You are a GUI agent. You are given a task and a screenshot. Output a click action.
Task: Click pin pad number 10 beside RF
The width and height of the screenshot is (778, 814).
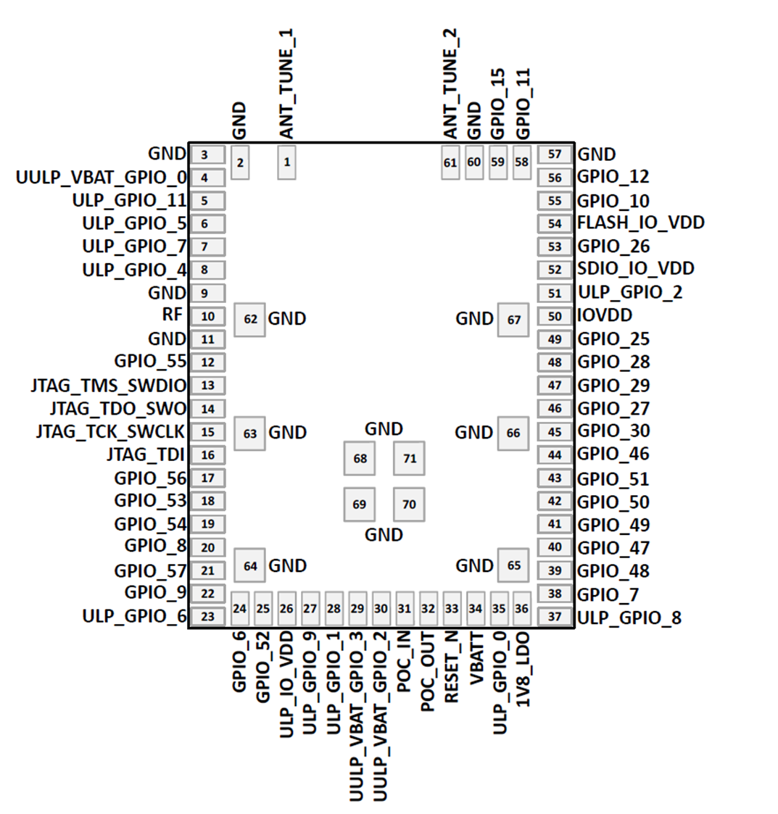(207, 316)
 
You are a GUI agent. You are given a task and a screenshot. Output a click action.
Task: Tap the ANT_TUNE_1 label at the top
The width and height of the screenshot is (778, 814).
(287, 86)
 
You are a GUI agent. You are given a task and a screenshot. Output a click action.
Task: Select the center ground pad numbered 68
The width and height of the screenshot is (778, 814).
(360, 458)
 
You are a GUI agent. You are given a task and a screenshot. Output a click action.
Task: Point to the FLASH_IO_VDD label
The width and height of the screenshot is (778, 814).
(640, 223)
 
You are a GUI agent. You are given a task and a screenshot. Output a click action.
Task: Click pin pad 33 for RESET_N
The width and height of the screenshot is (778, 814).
(452, 608)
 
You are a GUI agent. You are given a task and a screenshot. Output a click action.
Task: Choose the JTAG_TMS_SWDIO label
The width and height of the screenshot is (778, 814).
(108, 386)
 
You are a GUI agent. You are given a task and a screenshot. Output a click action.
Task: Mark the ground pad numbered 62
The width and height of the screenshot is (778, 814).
(250, 319)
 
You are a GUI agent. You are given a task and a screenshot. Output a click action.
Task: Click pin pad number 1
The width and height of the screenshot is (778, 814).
(287, 162)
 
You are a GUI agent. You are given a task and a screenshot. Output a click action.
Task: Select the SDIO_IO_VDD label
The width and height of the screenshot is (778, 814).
(636, 269)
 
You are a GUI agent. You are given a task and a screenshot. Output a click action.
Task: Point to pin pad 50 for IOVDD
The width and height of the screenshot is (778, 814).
(555, 316)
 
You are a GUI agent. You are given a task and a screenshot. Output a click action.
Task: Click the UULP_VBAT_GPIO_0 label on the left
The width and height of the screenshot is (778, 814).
(101, 178)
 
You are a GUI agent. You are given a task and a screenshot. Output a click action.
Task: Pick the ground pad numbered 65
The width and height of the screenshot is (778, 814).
(513, 565)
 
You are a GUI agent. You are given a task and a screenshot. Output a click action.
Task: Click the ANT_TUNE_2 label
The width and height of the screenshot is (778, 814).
(450, 86)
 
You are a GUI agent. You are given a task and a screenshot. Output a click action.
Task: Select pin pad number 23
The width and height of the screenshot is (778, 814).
(207, 617)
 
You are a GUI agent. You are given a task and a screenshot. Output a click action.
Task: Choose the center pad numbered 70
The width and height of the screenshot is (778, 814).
(409, 504)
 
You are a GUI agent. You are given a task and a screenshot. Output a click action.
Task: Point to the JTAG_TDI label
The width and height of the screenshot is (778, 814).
(146, 455)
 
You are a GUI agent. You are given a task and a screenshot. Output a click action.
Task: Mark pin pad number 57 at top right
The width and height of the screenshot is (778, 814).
(555, 154)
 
